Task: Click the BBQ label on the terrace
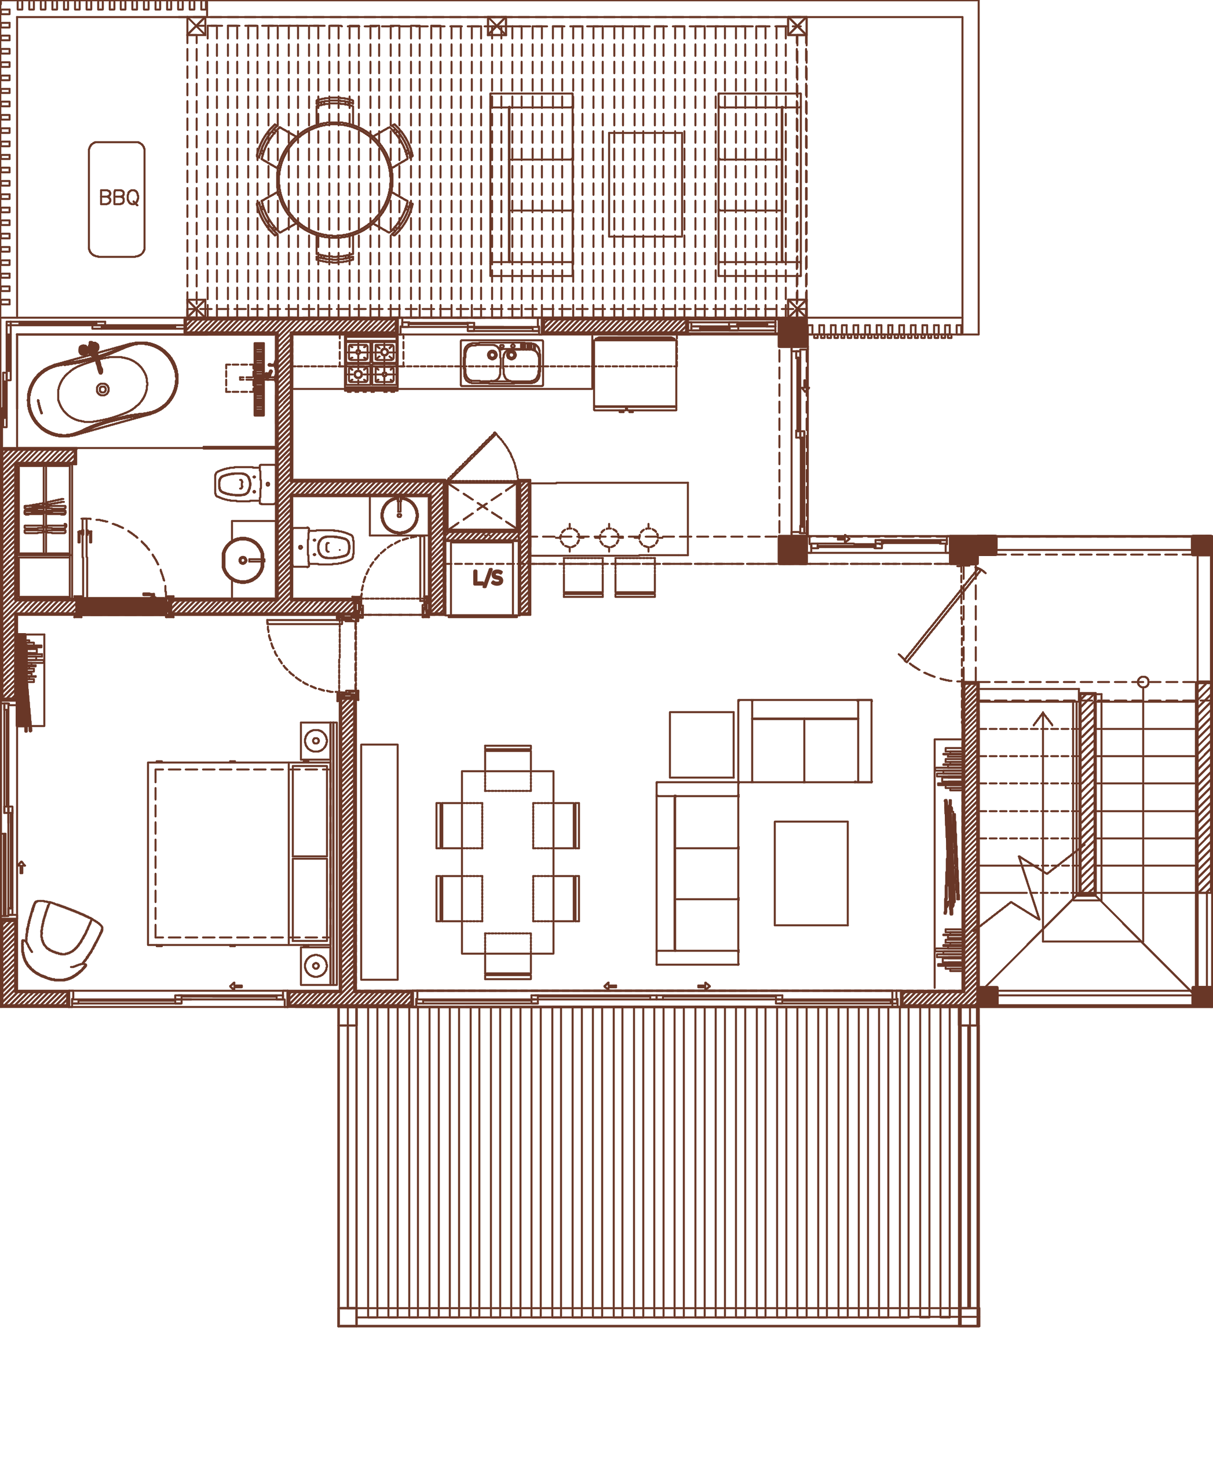click(119, 199)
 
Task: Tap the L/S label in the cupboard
click(488, 578)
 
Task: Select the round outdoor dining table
click(335, 180)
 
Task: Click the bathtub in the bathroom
click(102, 389)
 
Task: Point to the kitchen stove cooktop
click(371, 363)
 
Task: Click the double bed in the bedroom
click(238, 853)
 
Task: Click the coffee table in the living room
click(810, 873)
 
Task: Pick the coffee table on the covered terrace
click(646, 184)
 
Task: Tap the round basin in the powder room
click(399, 516)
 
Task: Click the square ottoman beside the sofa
click(702, 744)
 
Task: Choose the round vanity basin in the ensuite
click(243, 560)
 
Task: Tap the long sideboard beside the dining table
click(379, 861)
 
